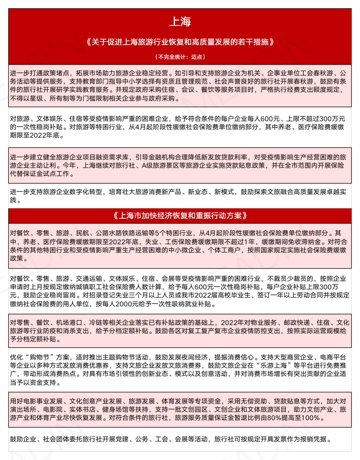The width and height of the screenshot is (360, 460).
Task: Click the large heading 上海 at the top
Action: click(x=180, y=22)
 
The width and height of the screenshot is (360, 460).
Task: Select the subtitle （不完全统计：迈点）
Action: click(x=180, y=57)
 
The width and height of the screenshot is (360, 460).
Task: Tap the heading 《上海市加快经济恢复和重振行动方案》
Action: click(x=180, y=216)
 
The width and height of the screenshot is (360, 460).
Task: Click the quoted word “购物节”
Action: click(x=36, y=357)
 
